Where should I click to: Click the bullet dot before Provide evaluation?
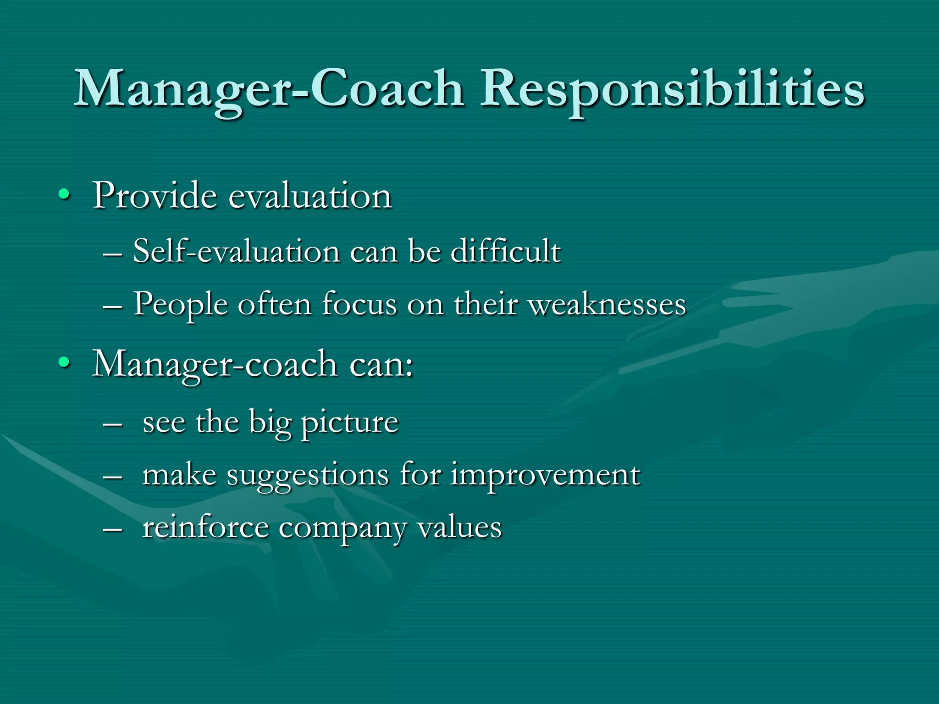tap(64, 196)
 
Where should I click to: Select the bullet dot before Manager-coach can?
tap(64, 363)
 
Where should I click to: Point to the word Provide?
tap(155, 196)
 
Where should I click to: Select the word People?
tap(180, 305)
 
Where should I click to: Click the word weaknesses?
tap(607, 304)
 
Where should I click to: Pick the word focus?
tap(359, 304)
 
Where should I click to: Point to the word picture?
tap(349, 423)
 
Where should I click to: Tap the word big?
tap(270, 423)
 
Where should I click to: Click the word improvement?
tap(545, 475)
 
